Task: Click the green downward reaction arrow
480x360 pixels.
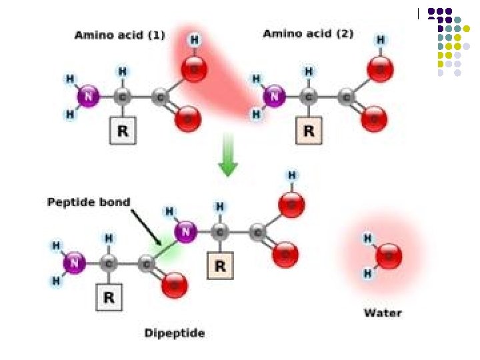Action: [x=228, y=155]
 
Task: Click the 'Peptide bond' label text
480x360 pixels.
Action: [x=89, y=201]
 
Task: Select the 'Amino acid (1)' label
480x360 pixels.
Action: [x=119, y=35]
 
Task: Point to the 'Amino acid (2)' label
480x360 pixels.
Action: [x=308, y=33]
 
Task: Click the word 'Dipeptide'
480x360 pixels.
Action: [x=175, y=333]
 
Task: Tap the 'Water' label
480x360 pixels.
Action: [x=383, y=312]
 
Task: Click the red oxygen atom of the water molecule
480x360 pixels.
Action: [x=389, y=255]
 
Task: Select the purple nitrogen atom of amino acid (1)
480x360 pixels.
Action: [x=87, y=97]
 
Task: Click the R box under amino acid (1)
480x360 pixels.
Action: [x=123, y=131]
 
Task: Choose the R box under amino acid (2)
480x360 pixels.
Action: [x=309, y=131]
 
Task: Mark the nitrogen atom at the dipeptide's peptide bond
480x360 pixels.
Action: [x=186, y=232]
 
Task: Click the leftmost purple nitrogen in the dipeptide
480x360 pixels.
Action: [x=74, y=263]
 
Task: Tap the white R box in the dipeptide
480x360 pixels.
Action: [x=109, y=298]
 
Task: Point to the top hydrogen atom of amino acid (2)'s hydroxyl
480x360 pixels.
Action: [x=381, y=41]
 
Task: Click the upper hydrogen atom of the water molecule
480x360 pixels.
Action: [x=367, y=237]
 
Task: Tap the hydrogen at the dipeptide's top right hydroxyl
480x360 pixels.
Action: [x=291, y=175]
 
